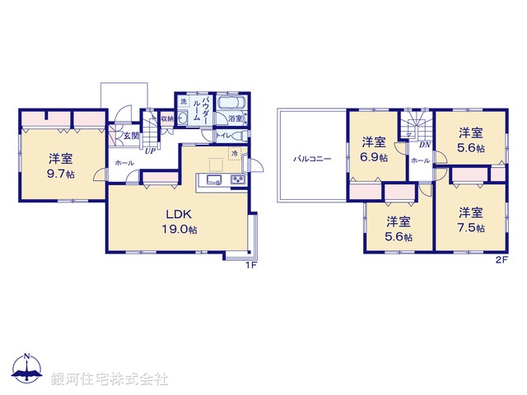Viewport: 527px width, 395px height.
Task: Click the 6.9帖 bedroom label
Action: [374, 151]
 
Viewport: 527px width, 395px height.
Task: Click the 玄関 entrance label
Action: [119, 137]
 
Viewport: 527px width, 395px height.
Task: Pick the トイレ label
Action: [223, 135]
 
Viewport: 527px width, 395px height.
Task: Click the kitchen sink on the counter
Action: [212, 181]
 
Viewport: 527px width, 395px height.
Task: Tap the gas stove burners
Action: [237, 181]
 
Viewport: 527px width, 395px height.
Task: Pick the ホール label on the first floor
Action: [124, 163]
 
